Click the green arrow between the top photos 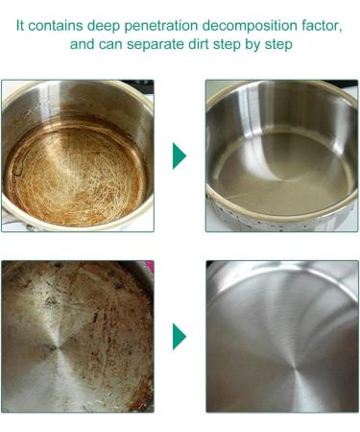click(179, 156)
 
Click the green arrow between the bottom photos click(179, 336)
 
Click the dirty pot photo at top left click(77, 156)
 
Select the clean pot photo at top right click(281, 156)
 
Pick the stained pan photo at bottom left click(77, 336)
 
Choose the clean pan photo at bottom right click(281, 336)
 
